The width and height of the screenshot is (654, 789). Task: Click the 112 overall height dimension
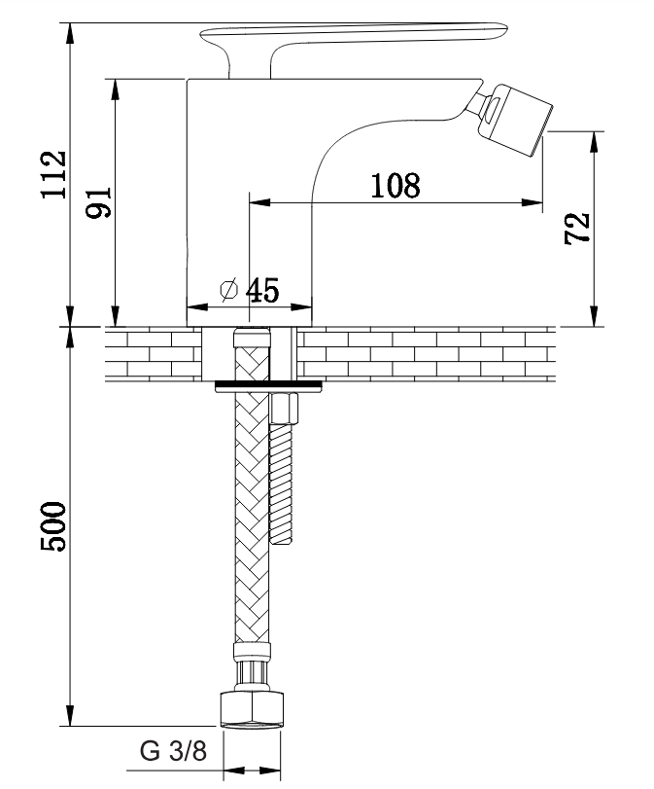(53, 174)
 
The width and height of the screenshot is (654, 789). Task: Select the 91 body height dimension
(98, 202)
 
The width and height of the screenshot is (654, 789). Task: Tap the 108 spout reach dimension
(396, 185)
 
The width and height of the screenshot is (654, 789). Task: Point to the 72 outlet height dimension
(577, 229)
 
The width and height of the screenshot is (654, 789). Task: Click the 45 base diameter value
(262, 290)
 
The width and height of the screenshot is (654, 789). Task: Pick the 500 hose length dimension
(53, 526)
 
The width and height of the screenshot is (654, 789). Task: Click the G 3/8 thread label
(173, 752)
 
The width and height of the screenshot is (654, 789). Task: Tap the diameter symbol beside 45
(228, 289)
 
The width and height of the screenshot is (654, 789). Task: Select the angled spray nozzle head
(516, 119)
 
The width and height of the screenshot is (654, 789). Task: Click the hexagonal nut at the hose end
(252, 709)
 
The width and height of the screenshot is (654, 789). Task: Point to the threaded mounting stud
(281, 484)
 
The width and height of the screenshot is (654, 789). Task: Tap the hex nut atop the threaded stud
(285, 409)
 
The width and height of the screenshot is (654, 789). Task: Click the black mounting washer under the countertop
(269, 386)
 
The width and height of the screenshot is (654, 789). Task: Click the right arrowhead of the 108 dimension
(533, 202)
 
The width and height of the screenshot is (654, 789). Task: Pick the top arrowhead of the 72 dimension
(595, 142)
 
